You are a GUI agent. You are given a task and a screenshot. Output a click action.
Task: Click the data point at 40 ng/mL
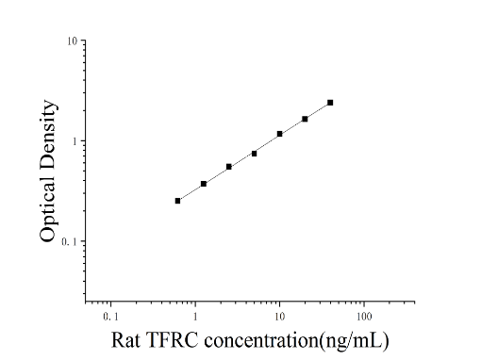tap(330, 103)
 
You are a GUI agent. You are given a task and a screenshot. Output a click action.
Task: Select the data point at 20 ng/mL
tap(305, 119)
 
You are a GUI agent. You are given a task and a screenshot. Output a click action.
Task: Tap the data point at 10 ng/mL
tap(279, 134)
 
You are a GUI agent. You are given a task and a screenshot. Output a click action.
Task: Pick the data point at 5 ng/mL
tap(254, 154)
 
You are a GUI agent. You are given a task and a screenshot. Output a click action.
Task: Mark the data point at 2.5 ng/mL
tap(229, 167)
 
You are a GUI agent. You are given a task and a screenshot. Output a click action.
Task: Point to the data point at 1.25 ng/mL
tap(204, 184)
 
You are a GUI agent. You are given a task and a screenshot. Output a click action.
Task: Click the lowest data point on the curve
tap(177, 201)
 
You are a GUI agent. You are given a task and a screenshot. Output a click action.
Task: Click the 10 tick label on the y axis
tap(72, 41)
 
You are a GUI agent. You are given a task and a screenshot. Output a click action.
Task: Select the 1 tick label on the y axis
tap(75, 141)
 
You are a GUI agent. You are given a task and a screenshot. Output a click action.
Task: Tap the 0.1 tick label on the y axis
tap(69, 241)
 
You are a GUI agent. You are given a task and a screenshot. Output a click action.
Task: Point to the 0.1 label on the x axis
tap(110, 317)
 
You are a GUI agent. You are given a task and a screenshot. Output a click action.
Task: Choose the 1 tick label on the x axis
tap(195, 317)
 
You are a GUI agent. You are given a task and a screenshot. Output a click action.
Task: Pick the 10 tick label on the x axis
tap(279, 317)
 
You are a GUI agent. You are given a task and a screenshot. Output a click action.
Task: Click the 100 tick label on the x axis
tap(364, 317)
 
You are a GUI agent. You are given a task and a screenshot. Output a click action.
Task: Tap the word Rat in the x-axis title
tap(125, 340)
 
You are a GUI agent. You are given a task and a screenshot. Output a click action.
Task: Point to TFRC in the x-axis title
tap(172, 340)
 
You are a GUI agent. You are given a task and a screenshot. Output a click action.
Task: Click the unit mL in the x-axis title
tap(370, 340)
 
